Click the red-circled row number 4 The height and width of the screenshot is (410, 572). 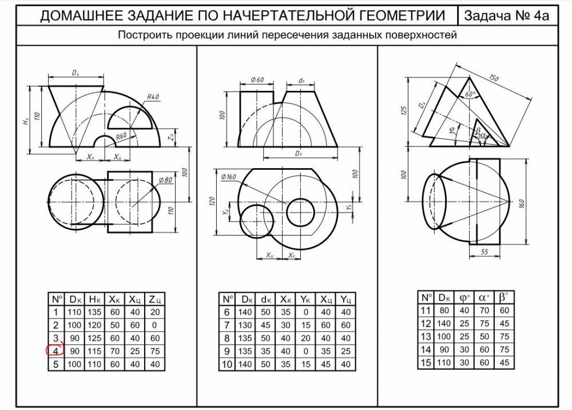pos(56,351)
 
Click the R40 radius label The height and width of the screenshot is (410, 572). pos(153,97)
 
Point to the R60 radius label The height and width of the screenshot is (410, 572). pos(122,136)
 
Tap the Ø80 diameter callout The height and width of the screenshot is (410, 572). pos(165,180)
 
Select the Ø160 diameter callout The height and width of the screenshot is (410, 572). pos(228,177)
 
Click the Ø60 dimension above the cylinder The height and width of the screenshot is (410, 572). pos(257,79)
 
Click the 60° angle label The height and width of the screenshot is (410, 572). pos(471,94)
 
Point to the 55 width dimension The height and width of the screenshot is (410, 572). pos(484,252)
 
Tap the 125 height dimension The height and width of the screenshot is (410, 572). pos(403,111)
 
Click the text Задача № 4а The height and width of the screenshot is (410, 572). pos(506,15)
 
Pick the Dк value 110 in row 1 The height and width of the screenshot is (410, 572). pos(74,312)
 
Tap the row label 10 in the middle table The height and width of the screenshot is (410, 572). pos(227,364)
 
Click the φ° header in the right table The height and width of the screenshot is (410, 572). pos(464,298)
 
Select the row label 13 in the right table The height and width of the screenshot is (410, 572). pos(426,336)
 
